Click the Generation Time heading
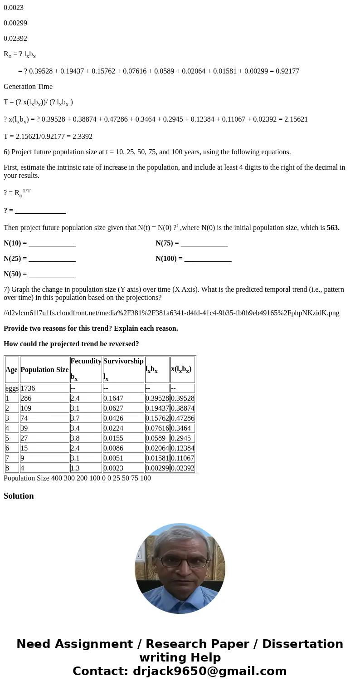28,87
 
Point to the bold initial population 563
333,228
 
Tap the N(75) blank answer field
204,243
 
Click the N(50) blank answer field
52,274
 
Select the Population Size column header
44,370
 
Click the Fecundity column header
86,361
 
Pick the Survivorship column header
123,361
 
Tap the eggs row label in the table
12,388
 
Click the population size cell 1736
28,388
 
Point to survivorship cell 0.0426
113,418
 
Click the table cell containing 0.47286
182,418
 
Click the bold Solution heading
19,496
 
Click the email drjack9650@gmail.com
209,671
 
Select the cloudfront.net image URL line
171,313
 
